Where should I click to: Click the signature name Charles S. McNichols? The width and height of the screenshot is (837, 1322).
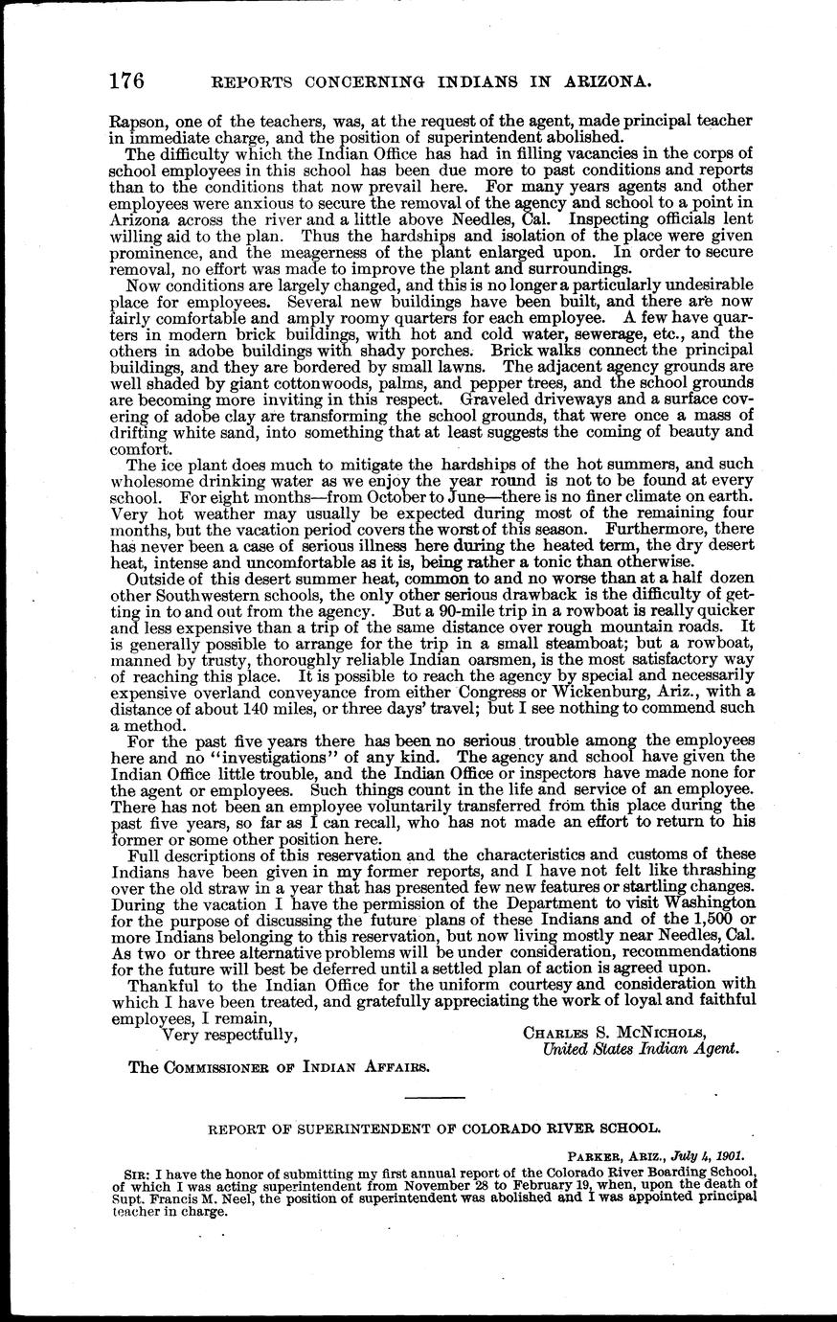[613, 1033]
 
